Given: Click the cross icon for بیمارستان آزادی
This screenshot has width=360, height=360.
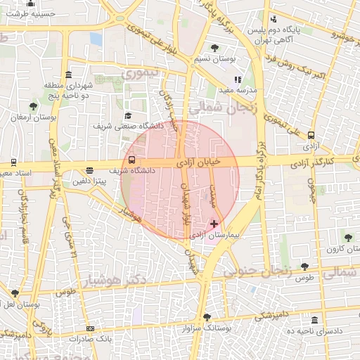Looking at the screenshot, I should (x=214, y=224).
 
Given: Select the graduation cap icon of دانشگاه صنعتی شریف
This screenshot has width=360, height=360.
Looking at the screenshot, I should (x=127, y=116).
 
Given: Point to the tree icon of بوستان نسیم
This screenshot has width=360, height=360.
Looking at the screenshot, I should (x=214, y=48).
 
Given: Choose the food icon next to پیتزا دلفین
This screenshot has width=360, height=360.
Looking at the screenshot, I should (x=89, y=170).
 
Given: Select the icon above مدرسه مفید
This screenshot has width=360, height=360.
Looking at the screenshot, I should (x=238, y=79).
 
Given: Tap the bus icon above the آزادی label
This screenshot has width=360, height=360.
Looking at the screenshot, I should (x=311, y=136).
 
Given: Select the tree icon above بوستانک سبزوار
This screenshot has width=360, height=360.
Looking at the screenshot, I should (x=206, y=316).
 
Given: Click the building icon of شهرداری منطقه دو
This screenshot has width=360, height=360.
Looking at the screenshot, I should (x=67, y=75).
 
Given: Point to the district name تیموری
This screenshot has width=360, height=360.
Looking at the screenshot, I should (x=141, y=73).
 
